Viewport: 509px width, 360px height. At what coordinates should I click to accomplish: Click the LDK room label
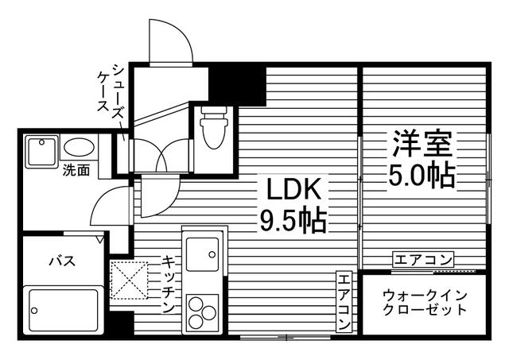tap(292, 190)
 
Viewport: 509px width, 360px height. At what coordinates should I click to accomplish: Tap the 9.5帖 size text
tap(293, 219)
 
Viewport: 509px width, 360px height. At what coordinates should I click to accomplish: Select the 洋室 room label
tap(422, 144)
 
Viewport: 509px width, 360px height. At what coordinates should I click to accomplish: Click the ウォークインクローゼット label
tap(424, 302)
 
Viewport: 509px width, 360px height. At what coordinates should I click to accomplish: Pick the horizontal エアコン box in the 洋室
tap(423, 259)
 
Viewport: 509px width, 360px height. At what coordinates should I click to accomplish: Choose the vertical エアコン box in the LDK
tap(343, 301)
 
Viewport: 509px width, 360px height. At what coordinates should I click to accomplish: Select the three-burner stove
tap(202, 309)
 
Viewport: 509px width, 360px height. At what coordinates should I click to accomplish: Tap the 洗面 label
tap(76, 169)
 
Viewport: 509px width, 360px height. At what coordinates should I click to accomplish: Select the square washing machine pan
tap(40, 150)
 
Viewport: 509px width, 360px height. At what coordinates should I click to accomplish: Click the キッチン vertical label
tap(169, 285)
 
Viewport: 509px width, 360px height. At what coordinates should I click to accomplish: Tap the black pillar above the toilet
tap(236, 83)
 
